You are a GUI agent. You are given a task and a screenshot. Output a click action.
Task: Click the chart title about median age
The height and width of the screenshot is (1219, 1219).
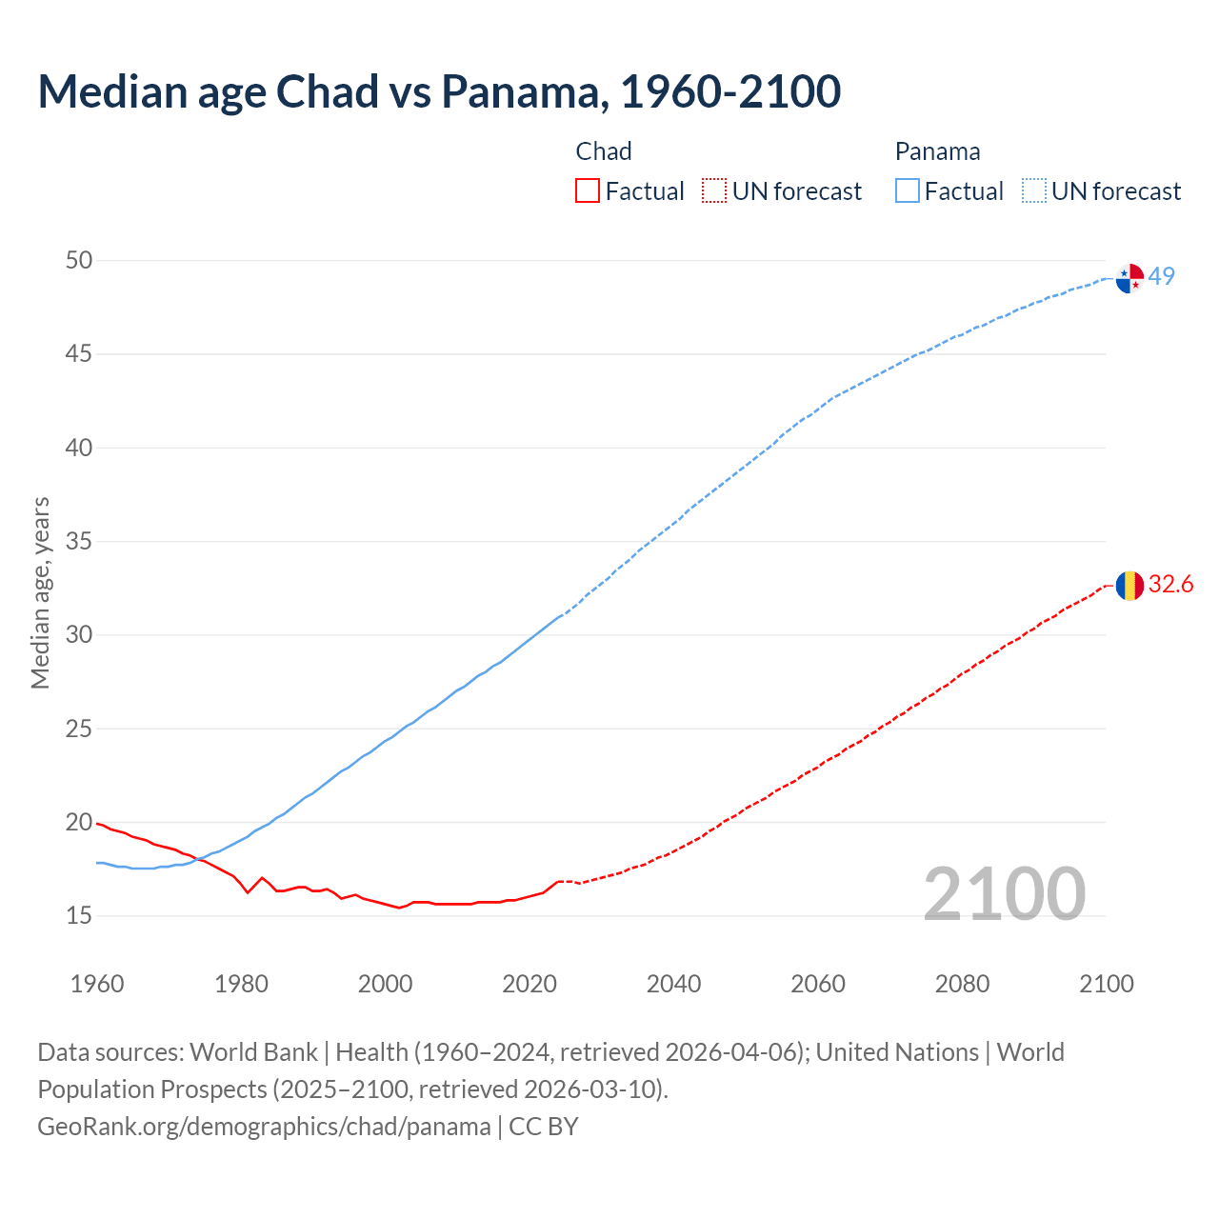[439, 91]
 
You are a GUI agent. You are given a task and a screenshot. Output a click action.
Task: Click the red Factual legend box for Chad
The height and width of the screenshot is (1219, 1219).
[588, 191]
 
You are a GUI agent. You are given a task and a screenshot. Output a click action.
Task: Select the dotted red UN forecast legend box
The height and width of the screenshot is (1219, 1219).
[714, 191]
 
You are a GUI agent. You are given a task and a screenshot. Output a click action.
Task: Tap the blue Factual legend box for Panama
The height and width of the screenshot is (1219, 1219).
[908, 191]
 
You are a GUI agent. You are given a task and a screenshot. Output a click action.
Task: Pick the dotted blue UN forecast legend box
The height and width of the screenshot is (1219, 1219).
[1034, 191]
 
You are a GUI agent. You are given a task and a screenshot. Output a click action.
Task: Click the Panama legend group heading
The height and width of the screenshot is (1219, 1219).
[937, 151]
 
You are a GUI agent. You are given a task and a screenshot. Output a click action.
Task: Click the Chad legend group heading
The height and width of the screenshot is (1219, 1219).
[604, 151]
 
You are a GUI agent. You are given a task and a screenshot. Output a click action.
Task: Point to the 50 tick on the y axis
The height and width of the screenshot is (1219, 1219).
[79, 260]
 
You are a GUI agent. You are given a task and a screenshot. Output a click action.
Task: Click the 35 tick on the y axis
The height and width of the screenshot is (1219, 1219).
[79, 541]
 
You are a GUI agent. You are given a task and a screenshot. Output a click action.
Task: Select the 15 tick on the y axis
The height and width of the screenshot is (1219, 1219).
[79, 915]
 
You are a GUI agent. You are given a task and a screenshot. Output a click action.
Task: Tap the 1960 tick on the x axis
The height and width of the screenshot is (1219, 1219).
[97, 984]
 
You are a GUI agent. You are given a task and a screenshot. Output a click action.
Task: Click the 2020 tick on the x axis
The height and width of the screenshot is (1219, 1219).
[530, 984]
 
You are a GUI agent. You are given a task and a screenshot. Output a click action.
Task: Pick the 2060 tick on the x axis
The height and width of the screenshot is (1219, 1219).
[818, 984]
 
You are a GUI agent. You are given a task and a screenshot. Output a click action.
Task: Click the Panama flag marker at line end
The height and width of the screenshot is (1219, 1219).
[1129, 278]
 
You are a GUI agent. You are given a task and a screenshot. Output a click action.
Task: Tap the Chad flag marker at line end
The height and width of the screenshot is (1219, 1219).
[1129, 586]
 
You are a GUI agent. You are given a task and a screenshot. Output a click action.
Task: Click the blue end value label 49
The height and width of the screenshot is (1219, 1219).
[1161, 276]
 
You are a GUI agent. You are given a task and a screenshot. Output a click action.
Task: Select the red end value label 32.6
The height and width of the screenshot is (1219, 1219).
[1170, 584]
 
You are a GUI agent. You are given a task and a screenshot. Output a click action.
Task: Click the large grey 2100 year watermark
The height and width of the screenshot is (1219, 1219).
[1005, 893]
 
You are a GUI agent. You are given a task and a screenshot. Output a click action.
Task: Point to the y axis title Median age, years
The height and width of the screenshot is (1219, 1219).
[40, 592]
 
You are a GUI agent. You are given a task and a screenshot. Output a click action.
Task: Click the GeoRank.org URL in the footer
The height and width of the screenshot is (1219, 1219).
[264, 1126]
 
